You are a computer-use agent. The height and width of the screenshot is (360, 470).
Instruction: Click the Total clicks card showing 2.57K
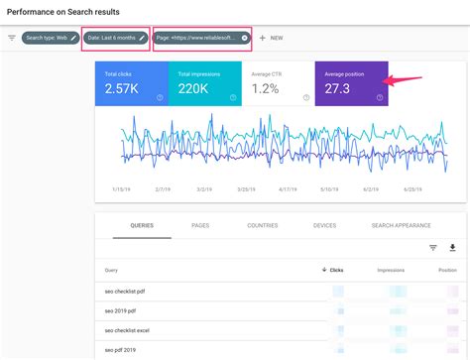click(x=131, y=83)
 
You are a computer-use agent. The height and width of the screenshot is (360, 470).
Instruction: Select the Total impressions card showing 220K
click(x=204, y=83)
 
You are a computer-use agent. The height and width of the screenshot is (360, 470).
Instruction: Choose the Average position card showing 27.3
click(x=350, y=83)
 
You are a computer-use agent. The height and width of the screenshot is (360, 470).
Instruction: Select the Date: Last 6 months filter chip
click(x=115, y=38)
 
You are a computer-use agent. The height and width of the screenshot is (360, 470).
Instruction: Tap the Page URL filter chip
click(x=201, y=38)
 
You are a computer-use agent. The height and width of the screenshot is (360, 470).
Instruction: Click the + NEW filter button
click(x=271, y=38)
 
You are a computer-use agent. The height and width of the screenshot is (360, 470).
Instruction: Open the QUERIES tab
click(x=142, y=225)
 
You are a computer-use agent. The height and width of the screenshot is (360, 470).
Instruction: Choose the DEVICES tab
click(x=323, y=225)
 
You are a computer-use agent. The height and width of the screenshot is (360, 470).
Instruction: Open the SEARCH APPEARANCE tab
click(x=400, y=225)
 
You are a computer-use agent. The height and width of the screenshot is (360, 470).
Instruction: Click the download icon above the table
click(x=452, y=248)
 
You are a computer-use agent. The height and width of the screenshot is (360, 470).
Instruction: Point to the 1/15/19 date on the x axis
click(x=123, y=186)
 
